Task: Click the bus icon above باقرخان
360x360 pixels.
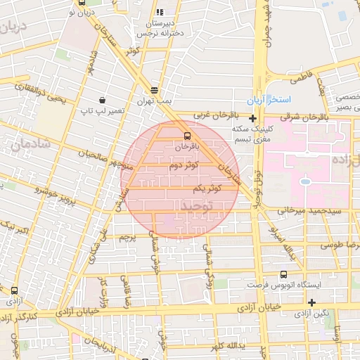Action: tap(187, 135)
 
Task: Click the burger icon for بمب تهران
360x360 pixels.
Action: tap(154, 90)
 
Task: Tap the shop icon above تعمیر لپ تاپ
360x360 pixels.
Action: tap(103, 100)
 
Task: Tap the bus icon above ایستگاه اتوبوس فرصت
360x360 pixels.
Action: tap(283, 274)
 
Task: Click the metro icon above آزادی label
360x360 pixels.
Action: tap(14, 290)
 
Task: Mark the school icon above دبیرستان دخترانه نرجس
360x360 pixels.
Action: tap(160, 12)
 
